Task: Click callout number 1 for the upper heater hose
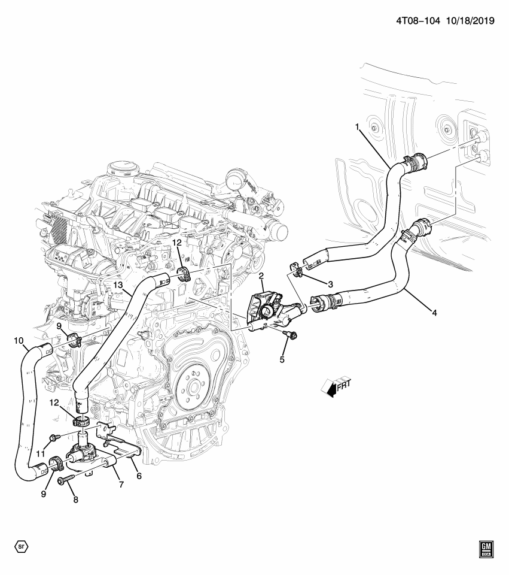(357, 127)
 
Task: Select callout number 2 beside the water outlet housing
(261, 276)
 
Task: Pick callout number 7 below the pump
(121, 484)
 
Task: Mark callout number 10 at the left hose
(19, 341)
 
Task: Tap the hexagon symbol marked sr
(21, 546)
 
